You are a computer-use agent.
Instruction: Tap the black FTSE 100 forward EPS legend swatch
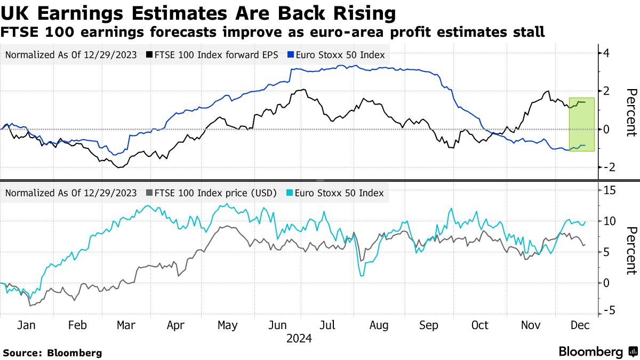coord(150,55)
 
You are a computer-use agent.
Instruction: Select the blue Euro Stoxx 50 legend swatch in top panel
coord(290,55)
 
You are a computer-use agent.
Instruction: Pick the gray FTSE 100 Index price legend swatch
coord(150,193)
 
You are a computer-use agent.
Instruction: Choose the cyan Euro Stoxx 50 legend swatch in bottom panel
coord(290,193)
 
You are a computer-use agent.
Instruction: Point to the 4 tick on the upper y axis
coord(606,53)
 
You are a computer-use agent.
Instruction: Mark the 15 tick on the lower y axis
coord(609,190)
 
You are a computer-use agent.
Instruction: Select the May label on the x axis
coord(228,325)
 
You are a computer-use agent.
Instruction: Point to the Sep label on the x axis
coord(429,325)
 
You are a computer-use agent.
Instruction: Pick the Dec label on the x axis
coord(580,325)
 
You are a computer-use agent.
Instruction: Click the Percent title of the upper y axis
coord(631,113)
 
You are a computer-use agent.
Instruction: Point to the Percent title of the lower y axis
coord(631,251)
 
